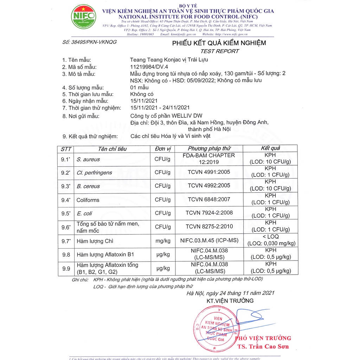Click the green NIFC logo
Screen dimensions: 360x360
(x=83, y=17)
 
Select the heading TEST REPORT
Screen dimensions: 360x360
(x=219, y=51)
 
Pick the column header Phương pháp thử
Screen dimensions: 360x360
(x=209, y=148)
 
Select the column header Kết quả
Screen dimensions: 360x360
(x=270, y=148)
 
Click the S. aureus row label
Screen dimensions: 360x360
(x=88, y=159)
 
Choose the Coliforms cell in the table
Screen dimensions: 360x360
(x=88, y=200)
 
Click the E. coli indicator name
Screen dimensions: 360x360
(x=84, y=213)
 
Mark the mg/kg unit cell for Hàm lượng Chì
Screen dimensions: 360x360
(x=162, y=241)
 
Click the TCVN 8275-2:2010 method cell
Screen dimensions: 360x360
(x=209, y=226)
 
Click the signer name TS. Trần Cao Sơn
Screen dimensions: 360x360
(x=263, y=347)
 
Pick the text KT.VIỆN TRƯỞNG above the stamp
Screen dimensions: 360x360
(x=230, y=301)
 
